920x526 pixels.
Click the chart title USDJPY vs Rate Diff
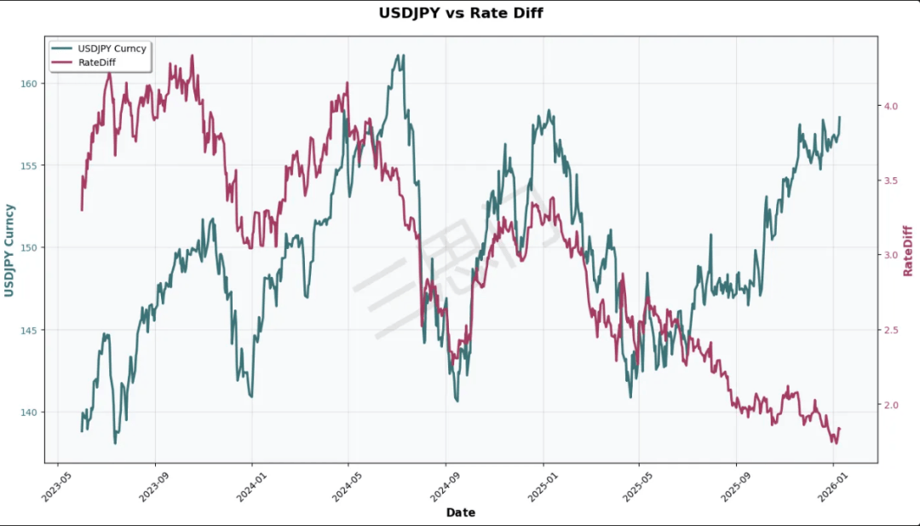click(460, 13)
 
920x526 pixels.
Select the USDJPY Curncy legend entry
click(112, 49)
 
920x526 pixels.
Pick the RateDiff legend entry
click(96, 62)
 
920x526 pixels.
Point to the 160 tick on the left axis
click(28, 83)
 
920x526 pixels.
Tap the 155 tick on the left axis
click(28, 165)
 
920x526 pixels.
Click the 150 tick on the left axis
click(28, 248)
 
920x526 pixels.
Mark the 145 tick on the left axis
click(28, 330)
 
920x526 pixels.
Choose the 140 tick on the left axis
click(28, 413)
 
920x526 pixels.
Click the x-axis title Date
click(460, 513)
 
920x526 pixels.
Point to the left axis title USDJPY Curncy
click(9, 251)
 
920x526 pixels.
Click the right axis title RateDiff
click(908, 251)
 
